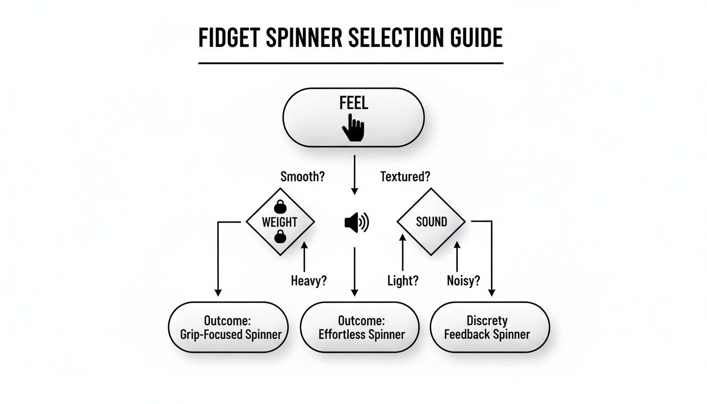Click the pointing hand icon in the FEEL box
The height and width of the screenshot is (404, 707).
(353, 128)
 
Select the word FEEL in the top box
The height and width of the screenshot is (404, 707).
(353, 102)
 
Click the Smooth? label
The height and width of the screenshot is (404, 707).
(303, 177)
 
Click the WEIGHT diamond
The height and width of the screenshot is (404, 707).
(280, 221)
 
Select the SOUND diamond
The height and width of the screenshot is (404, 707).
(431, 221)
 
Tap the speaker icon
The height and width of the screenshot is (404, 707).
(357, 223)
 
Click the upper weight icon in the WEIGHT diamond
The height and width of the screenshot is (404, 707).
(280, 206)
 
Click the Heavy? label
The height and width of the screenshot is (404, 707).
(309, 281)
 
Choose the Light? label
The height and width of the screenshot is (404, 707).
(402, 281)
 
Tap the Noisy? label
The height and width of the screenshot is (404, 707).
(463, 281)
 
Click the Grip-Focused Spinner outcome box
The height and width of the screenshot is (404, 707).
(228, 327)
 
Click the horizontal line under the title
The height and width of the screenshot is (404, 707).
(350, 63)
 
